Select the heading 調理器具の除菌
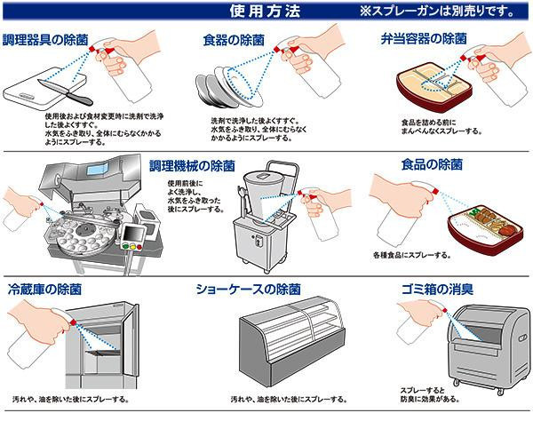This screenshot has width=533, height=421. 45,41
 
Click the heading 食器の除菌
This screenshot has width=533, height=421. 233,41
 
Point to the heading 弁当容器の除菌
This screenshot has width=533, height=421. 424,41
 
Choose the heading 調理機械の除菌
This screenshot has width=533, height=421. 192,165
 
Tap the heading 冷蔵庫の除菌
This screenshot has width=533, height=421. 44,290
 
